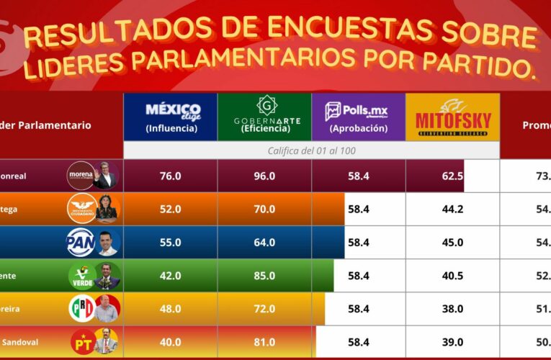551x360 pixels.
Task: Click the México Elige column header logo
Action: pyautogui.click(x=170, y=116)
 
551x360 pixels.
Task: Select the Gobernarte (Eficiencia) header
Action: pyautogui.click(x=264, y=116)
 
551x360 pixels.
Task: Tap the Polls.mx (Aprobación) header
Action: pyautogui.click(x=358, y=116)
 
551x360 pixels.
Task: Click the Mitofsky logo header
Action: pyautogui.click(x=452, y=116)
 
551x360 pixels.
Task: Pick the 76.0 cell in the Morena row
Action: pyautogui.click(x=170, y=176)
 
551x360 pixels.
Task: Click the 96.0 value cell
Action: pyautogui.click(x=264, y=176)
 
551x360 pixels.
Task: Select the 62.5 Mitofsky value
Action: pyautogui.click(x=452, y=176)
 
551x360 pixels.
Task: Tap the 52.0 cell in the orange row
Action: pyautogui.click(x=170, y=209)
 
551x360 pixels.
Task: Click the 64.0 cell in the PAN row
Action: pyautogui.click(x=264, y=243)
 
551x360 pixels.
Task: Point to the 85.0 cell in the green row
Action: pyautogui.click(x=264, y=276)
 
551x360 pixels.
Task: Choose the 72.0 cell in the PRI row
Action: pyautogui.click(x=264, y=309)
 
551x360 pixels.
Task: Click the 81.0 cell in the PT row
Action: pyautogui.click(x=264, y=342)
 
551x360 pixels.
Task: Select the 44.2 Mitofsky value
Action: pyautogui.click(x=452, y=209)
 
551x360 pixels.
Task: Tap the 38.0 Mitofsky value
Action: pyautogui.click(x=452, y=309)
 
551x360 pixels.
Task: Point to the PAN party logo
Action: pyautogui.click(x=80, y=242)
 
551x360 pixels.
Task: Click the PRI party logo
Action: pyautogui.click(x=81, y=309)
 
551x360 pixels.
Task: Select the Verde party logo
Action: pyautogui.click(x=81, y=276)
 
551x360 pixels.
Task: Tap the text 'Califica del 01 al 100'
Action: pyautogui.click(x=311, y=150)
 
